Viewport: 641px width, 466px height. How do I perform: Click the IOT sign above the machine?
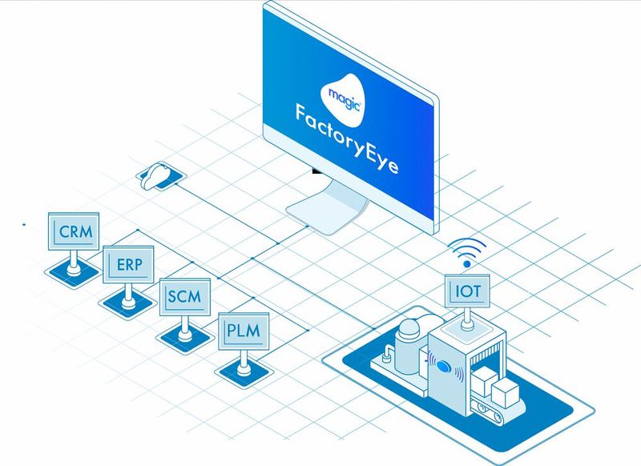click(467, 290)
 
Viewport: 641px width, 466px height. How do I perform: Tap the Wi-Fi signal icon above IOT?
click(466, 250)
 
